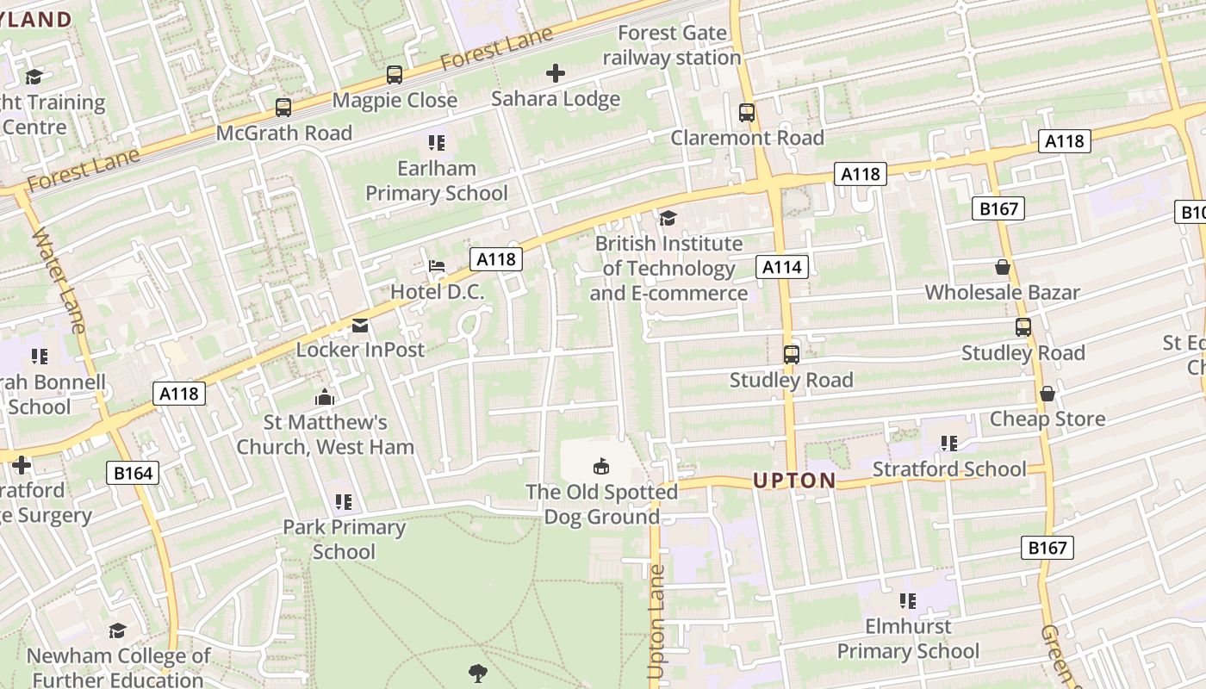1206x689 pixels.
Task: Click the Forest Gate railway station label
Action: coord(671,46)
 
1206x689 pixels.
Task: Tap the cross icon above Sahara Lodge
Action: coord(556,73)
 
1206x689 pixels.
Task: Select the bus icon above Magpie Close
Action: coord(395,75)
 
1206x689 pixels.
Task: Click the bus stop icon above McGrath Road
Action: coord(283,108)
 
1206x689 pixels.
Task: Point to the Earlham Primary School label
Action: coord(437,180)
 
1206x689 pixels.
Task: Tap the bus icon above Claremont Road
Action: coord(747,113)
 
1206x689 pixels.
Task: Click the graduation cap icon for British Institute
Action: coord(668,218)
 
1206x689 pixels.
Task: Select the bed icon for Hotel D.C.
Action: coord(438,265)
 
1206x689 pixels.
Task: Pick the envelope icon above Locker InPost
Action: coord(360,325)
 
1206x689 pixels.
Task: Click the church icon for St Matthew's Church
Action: coord(325,397)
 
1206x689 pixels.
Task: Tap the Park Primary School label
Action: coord(344,539)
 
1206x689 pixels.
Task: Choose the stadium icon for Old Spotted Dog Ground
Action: coord(601,466)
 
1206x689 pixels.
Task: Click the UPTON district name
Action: coord(794,481)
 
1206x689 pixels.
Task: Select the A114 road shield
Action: coord(782,267)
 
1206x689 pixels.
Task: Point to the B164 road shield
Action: coord(133,472)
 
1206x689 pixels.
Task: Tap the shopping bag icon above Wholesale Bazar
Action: coord(1003,267)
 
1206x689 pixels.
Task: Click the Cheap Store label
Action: coord(1047,419)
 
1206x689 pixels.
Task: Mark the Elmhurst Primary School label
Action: coord(908,638)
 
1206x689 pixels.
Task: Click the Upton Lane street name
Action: coord(656,620)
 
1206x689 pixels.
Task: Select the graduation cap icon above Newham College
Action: coord(118,630)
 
